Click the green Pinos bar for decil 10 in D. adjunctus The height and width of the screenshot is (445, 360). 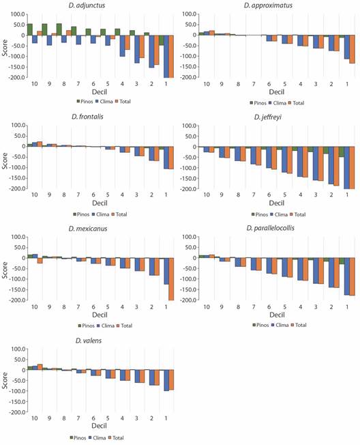[x=30, y=29]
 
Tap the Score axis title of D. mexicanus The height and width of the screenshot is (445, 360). [x=5, y=268]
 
